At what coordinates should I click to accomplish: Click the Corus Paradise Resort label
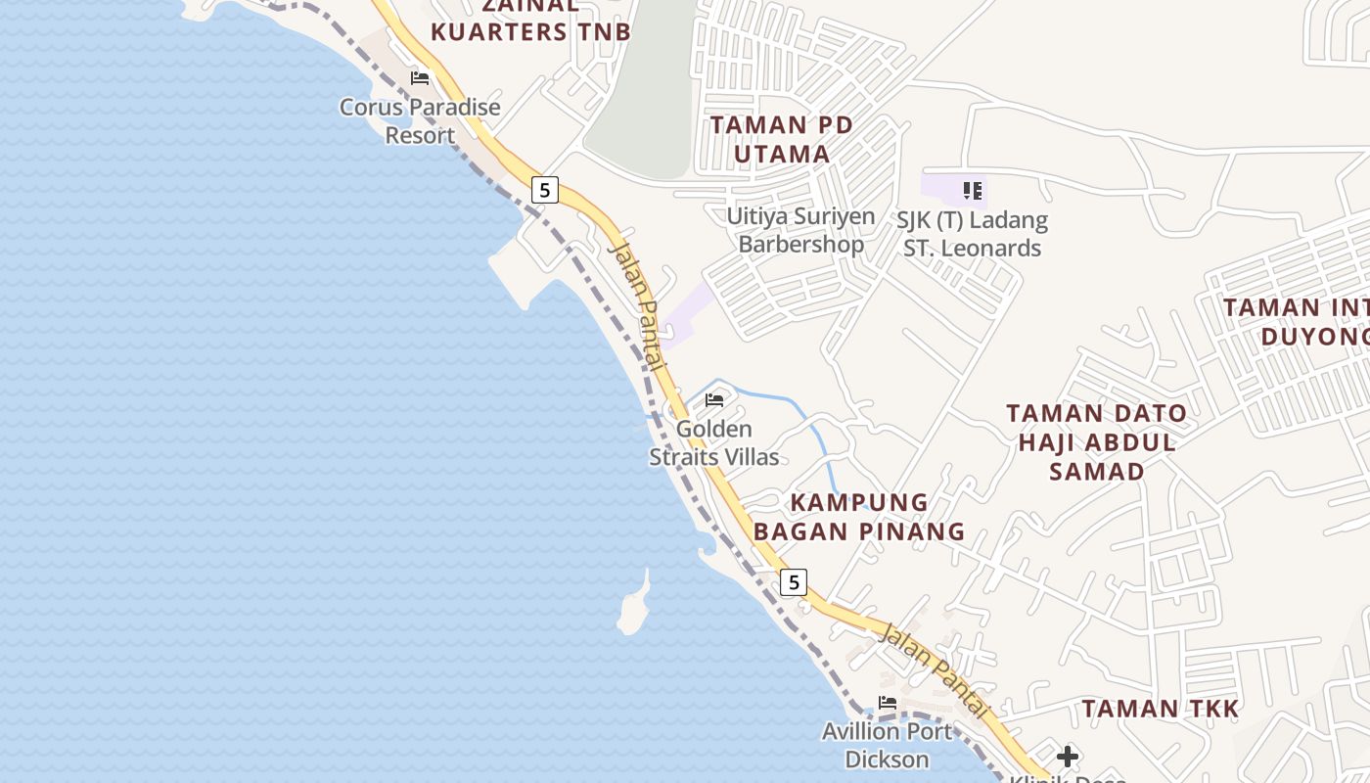420,121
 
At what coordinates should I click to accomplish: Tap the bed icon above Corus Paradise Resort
420,78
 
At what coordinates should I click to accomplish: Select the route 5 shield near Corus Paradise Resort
545,189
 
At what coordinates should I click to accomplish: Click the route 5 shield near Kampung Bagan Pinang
794,582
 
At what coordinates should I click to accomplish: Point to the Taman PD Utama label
782,139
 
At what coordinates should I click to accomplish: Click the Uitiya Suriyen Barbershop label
800,230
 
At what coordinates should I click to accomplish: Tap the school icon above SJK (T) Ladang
972,190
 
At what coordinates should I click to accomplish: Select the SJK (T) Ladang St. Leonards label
972,234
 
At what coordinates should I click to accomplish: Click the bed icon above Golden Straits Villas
714,400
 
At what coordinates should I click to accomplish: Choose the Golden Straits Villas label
714,443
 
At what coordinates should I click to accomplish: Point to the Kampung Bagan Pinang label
859,517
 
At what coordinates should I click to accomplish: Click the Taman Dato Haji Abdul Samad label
1097,442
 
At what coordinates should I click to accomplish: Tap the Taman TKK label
1161,709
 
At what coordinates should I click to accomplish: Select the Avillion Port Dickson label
887,745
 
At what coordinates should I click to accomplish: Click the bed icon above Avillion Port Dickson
888,703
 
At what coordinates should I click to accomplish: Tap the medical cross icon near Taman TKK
1068,757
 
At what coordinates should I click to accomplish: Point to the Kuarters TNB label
530,31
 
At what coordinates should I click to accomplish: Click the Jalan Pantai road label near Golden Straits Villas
638,304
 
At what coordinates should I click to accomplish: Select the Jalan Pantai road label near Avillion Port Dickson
935,670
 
